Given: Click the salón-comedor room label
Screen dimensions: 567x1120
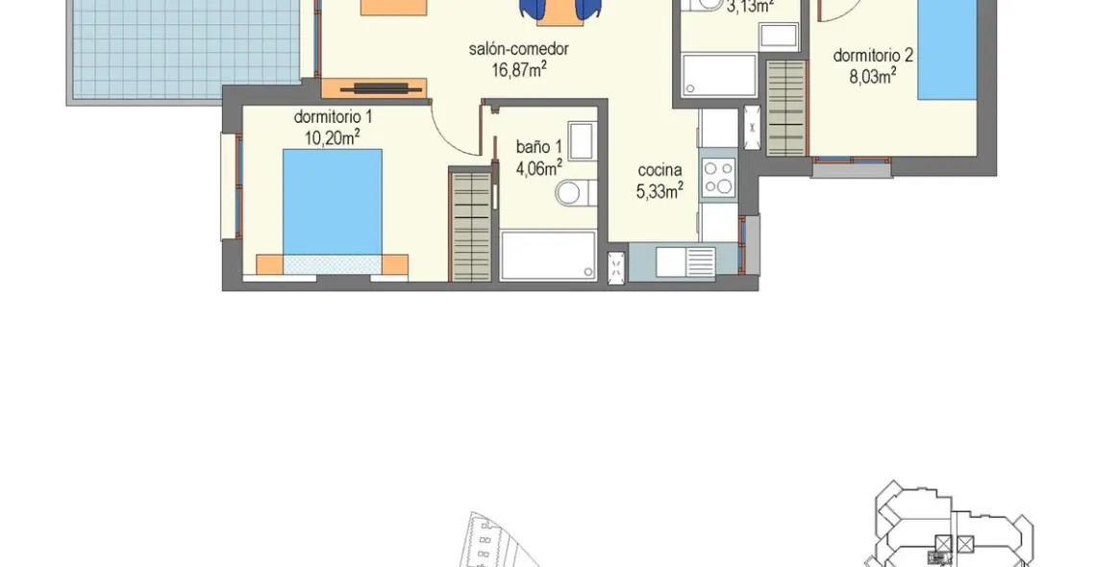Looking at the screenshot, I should [x=519, y=48].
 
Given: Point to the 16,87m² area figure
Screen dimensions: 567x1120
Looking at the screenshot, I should [x=519, y=67].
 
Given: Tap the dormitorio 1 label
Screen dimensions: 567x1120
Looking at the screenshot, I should [x=333, y=117].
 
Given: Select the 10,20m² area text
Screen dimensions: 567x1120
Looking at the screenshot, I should [x=333, y=136].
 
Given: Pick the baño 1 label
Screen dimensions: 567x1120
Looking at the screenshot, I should [x=538, y=147].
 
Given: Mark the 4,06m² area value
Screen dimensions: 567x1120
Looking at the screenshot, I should [x=538, y=168].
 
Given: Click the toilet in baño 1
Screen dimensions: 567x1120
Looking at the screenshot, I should [x=570, y=193].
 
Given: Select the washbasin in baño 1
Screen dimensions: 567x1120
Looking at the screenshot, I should [x=580, y=140].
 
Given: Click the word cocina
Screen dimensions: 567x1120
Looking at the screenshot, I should [x=660, y=170].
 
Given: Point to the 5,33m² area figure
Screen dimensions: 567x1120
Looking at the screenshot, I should [x=660, y=190].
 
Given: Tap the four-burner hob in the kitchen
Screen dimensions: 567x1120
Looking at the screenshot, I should [x=718, y=178].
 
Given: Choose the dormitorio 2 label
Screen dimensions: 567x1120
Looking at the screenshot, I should [x=873, y=55].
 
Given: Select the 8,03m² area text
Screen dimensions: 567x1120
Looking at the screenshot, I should [x=873, y=75].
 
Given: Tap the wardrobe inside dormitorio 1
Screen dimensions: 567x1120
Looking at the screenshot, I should [x=471, y=226].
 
